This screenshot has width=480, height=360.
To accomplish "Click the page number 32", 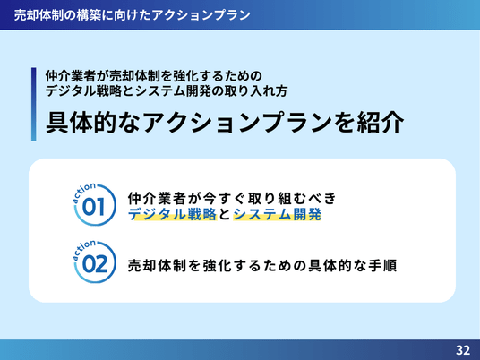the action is pos(463,350).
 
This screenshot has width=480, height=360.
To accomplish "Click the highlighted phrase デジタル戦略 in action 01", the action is pos(172,214).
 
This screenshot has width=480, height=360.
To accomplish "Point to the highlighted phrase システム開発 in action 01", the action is pos(278,214).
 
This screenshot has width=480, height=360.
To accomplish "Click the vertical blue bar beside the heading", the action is pos(34,104).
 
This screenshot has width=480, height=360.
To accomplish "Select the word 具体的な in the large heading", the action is pos(93,123).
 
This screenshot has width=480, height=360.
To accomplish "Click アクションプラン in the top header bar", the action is pos(201,15).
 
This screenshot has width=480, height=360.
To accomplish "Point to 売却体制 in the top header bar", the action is pos(39,15).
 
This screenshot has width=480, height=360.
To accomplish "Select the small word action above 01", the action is pos(83,192).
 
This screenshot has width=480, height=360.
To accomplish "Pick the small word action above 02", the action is pos(83,250).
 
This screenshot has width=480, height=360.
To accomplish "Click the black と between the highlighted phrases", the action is pos(225,214).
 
